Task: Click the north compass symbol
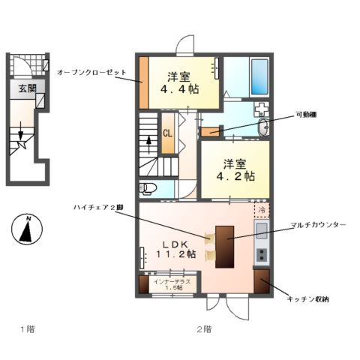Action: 27,228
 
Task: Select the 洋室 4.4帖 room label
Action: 182,82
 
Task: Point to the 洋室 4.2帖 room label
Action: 235,170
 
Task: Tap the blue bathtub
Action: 259,78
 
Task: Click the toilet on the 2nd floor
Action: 148,187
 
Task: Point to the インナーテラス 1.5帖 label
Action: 172,284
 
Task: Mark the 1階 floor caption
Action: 27,328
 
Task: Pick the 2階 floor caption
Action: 203,328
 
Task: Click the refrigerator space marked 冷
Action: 261,211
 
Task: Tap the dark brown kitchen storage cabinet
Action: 261,281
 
